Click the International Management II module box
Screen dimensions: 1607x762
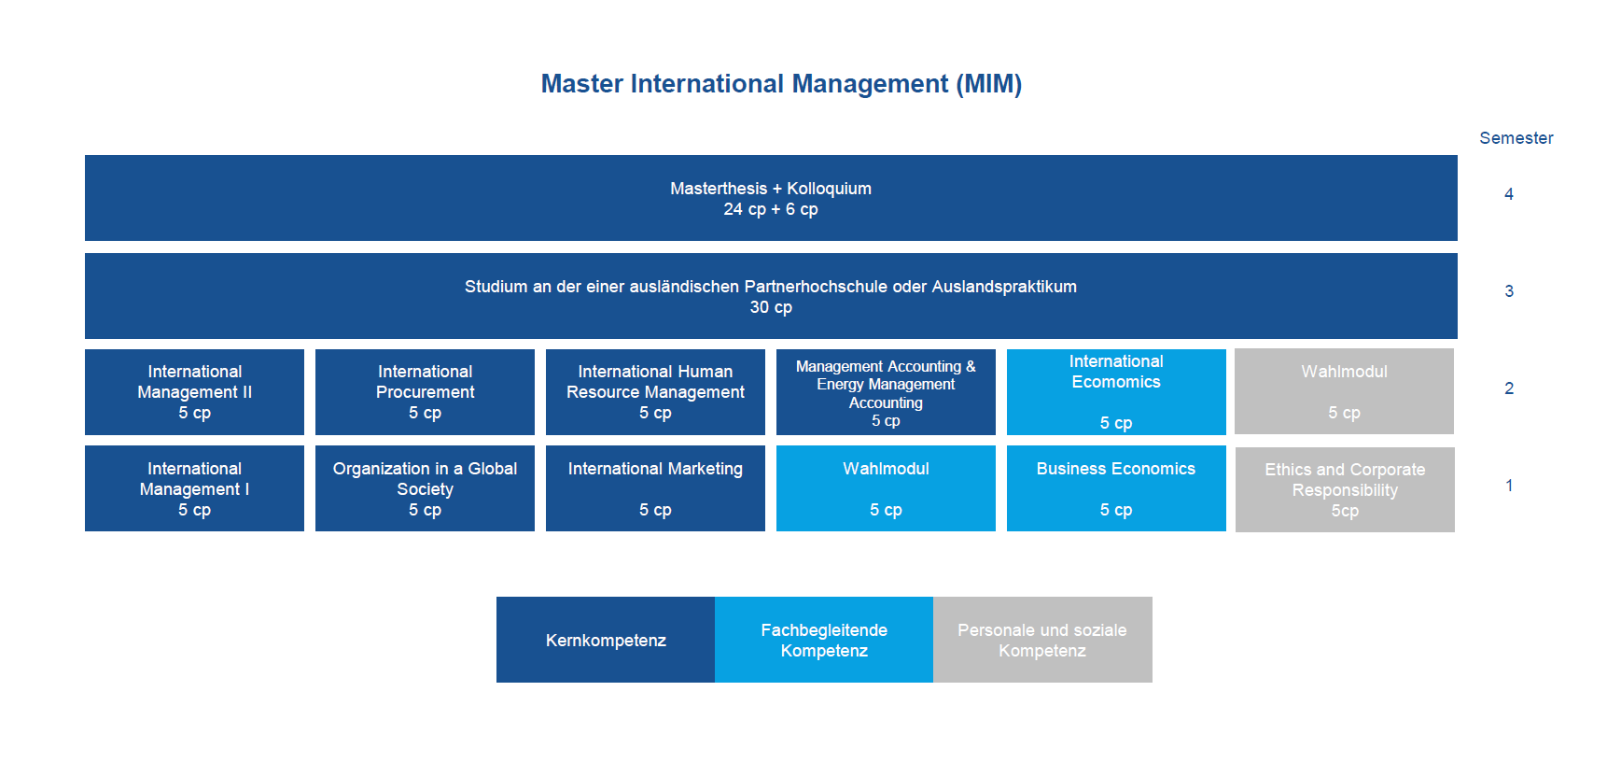tap(194, 392)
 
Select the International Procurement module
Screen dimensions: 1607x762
tap(425, 392)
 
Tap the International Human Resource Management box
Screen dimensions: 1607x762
tap(655, 392)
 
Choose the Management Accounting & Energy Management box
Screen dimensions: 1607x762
tap(886, 392)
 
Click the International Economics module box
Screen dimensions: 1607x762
tap(1116, 392)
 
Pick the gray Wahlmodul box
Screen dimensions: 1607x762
tap(1344, 391)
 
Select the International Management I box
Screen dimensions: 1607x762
tap(194, 488)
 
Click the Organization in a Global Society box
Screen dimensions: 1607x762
tap(425, 488)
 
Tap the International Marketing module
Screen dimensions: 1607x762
tap(655, 488)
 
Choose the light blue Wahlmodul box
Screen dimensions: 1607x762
tap(886, 488)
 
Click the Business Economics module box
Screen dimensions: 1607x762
tap(1116, 488)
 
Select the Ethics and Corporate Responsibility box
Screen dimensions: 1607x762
tap(1345, 489)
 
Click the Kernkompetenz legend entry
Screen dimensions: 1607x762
tap(606, 640)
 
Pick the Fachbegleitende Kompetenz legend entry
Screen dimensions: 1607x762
tap(824, 640)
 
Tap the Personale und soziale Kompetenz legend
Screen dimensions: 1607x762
tap(1042, 640)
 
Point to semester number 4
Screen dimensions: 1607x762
tap(1509, 194)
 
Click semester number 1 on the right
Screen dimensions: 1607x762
tap(1509, 486)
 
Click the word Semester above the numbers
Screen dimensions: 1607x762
tap(1516, 138)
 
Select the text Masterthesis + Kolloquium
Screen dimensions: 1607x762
tap(771, 189)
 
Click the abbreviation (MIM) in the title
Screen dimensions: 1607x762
tap(988, 84)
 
